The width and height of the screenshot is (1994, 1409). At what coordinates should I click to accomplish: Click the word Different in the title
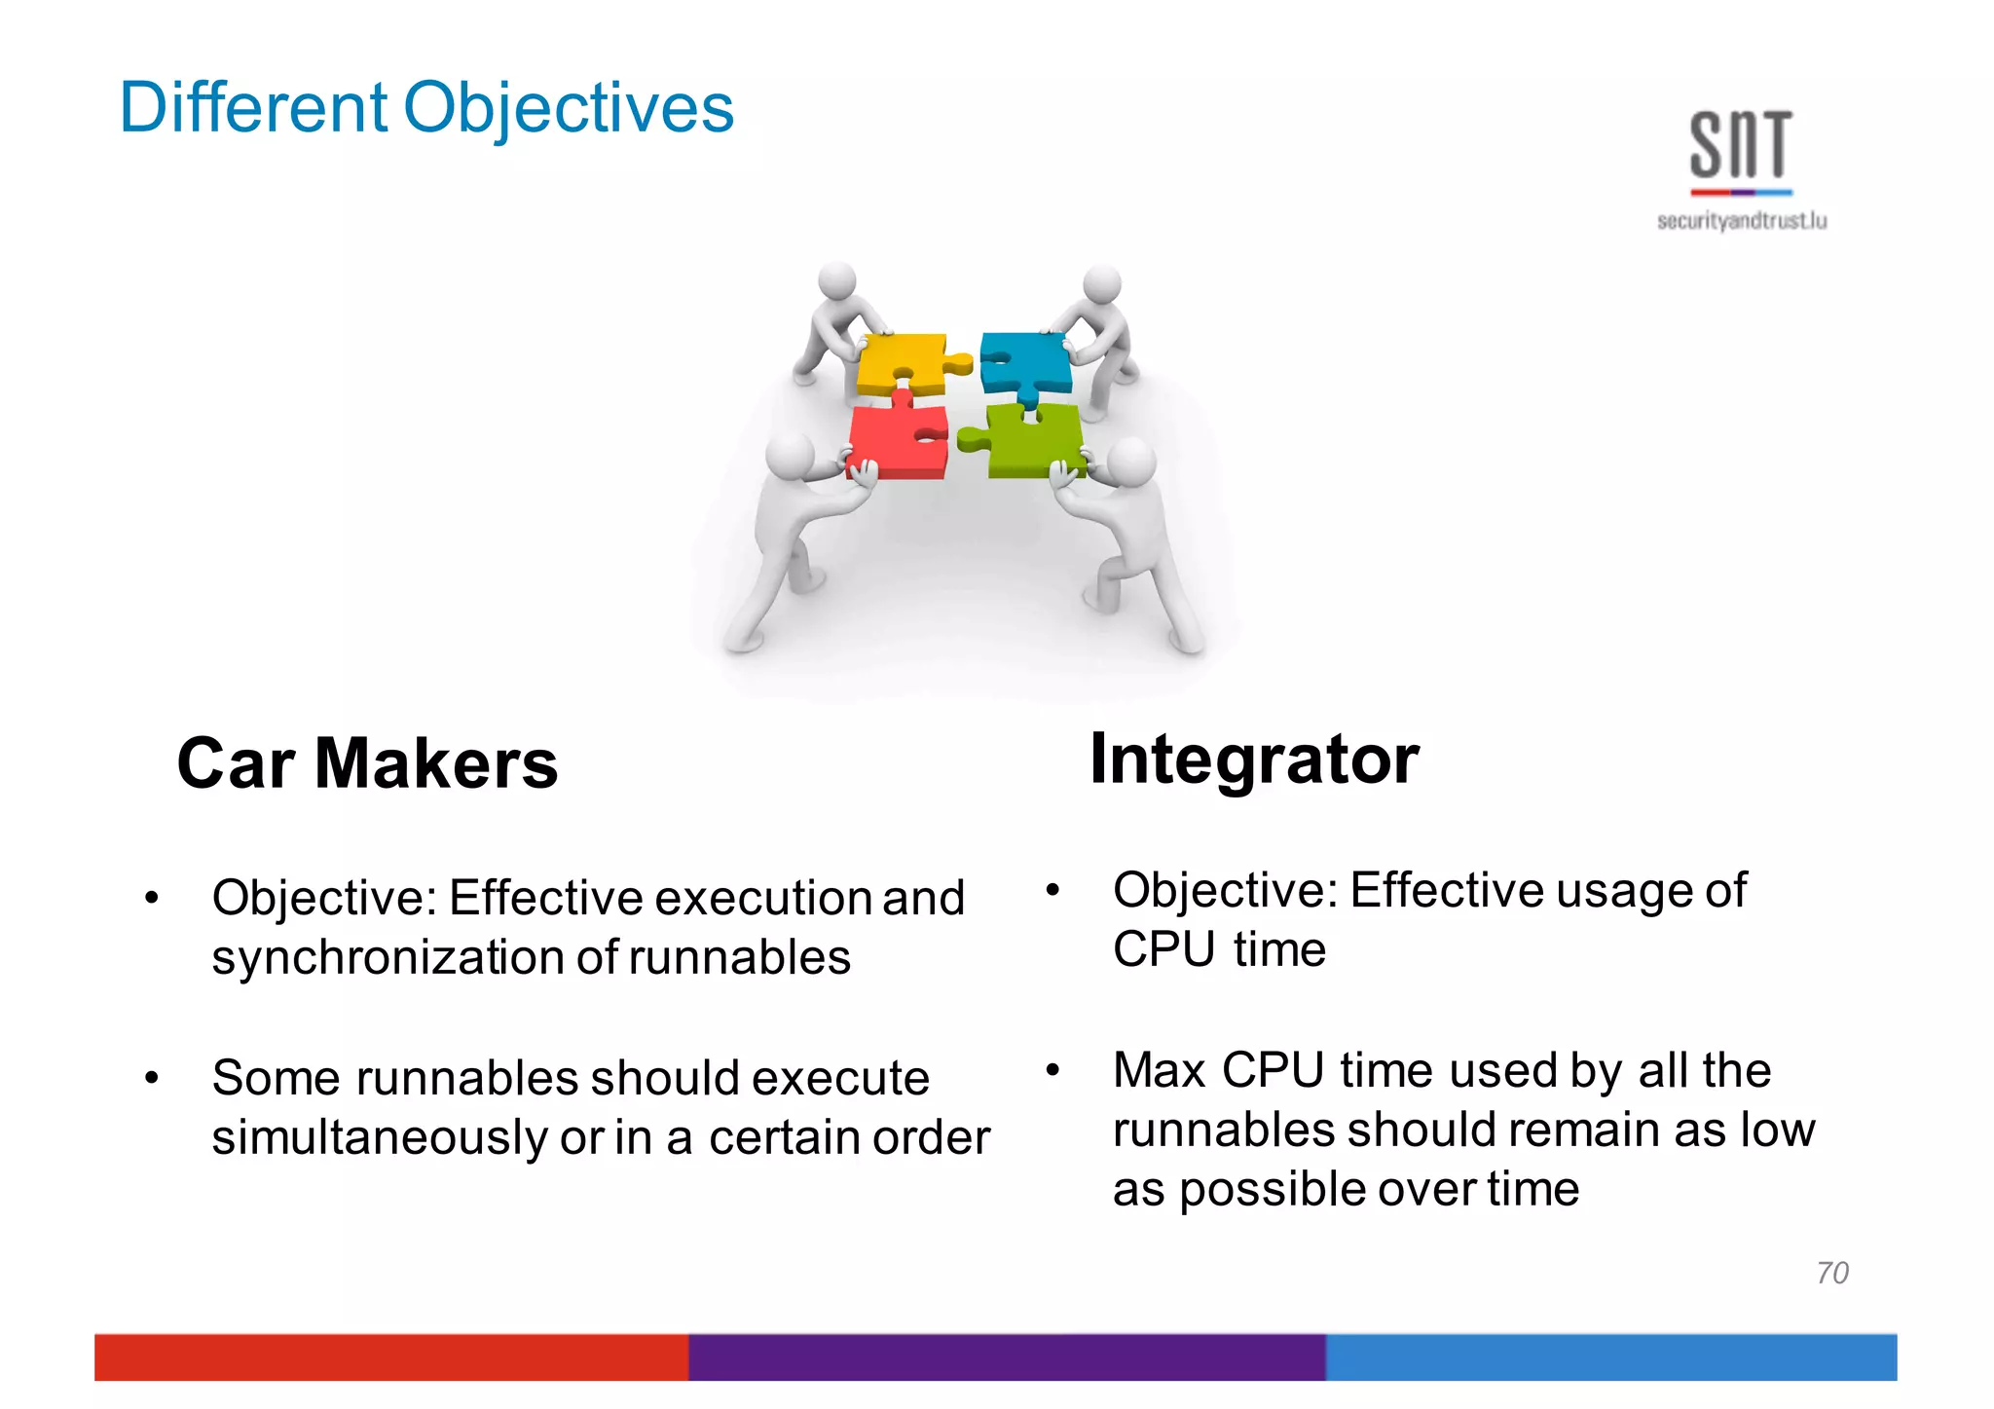pyautogui.click(x=253, y=107)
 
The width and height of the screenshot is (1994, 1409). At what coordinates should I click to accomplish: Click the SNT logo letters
pyautogui.click(x=1741, y=146)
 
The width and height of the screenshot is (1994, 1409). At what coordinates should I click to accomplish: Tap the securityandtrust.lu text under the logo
pyautogui.click(x=1741, y=221)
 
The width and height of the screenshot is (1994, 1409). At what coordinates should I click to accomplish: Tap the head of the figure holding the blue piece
pyautogui.click(x=1101, y=284)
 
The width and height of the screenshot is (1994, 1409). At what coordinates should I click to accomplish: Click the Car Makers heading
pyautogui.click(x=367, y=763)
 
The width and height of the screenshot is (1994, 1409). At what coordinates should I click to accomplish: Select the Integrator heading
pyautogui.click(x=1254, y=759)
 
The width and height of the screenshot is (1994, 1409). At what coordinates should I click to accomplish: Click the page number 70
pyautogui.click(x=1831, y=1273)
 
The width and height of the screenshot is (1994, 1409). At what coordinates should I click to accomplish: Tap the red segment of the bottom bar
pyautogui.click(x=389, y=1356)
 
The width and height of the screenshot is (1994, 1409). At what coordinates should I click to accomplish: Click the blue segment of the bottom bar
pyautogui.click(x=1610, y=1356)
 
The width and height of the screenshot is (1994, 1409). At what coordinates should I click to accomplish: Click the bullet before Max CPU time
pyautogui.click(x=1052, y=1070)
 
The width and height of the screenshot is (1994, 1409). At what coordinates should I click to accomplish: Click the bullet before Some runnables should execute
pyautogui.click(x=151, y=1078)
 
